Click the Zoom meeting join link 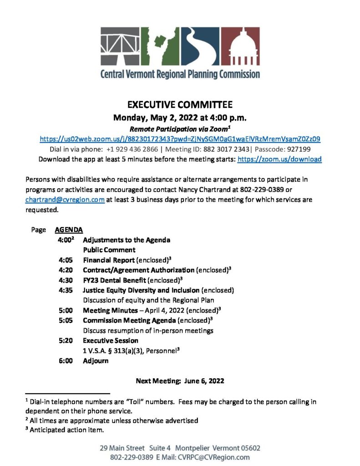tap(180, 139)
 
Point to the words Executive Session tap(111, 340)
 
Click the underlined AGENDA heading tap(69, 230)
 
